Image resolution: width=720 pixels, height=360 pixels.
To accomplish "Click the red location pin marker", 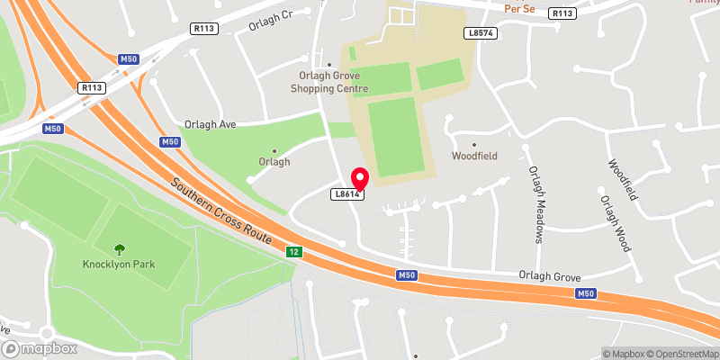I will pyautogui.click(x=359, y=177).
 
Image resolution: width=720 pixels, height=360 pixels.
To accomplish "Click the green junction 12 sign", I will pyautogui.click(x=293, y=252).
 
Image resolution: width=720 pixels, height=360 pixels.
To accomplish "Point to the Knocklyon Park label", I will pyautogui.click(x=120, y=265).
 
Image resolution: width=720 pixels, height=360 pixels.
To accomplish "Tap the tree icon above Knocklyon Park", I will pyautogui.click(x=119, y=249).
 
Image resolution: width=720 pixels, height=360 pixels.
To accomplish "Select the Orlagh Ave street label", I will pyautogui.click(x=210, y=124).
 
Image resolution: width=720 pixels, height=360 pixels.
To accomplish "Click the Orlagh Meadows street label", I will pyautogui.click(x=536, y=204).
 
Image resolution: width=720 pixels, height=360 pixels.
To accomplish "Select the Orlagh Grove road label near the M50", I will pyautogui.click(x=549, y=276).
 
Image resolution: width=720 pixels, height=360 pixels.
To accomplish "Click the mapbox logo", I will pyautogui.click(x=40, y=348).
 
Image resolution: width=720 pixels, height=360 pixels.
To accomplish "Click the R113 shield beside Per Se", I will pyautogui.click(x=563, y=13).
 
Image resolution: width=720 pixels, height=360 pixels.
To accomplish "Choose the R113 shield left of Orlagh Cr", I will pyautogui.click(x=203, y=29).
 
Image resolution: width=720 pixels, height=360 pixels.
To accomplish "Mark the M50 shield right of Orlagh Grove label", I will pyautogui.click(x=586, y=293).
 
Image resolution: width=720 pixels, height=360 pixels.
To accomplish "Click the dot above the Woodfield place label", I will pyautogui.click(x=474, y=144).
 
